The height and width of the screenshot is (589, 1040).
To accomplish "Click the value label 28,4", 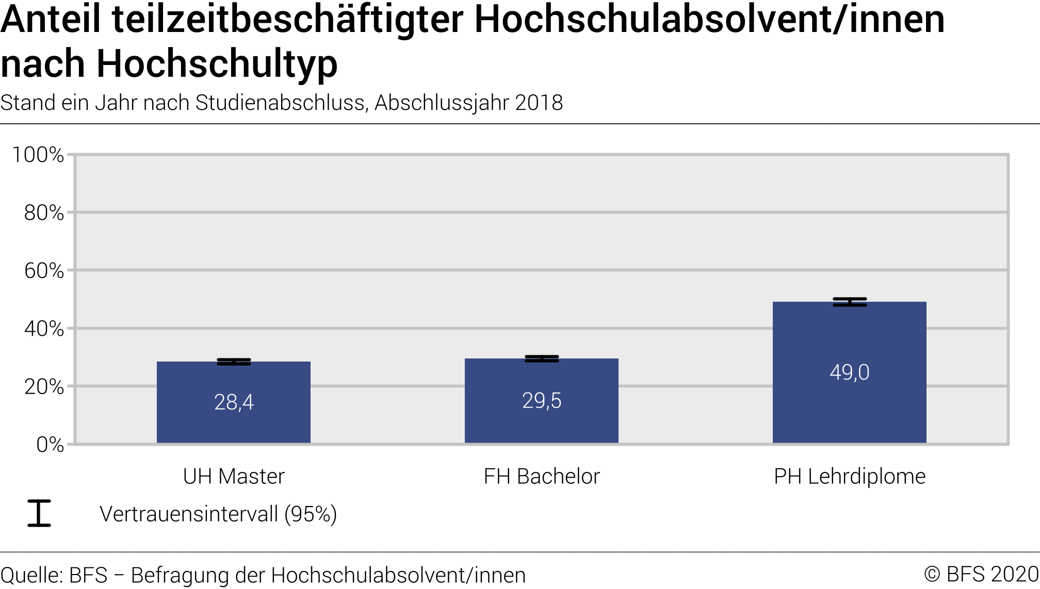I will point(234,402).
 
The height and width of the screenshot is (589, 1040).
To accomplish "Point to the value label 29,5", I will point(542,401).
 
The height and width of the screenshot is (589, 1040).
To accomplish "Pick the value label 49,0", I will point(850,372).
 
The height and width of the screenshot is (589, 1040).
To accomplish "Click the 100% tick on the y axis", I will point(38,155).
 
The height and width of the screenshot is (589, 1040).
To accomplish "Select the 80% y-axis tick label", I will point(44,212).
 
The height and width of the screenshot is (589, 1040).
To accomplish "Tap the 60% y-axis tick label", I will point(44,271).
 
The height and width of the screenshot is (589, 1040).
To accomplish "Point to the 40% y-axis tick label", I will point(44,329).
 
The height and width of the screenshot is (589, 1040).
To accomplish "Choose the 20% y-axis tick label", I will point(44,387).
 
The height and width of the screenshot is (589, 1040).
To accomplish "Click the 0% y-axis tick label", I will point(50,445).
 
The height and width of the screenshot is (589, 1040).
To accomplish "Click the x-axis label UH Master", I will point(234,477).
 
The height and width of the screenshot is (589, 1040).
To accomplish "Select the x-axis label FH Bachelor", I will point(542,477).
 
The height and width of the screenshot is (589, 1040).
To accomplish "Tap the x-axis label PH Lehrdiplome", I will point(850,477).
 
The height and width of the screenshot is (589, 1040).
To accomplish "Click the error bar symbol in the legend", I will point(39,513).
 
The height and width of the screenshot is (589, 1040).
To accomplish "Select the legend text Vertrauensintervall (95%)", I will point(218,514).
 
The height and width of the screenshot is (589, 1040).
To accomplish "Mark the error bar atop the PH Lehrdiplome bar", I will point(850,302).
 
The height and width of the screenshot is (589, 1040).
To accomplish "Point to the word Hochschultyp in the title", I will point(217,64).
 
